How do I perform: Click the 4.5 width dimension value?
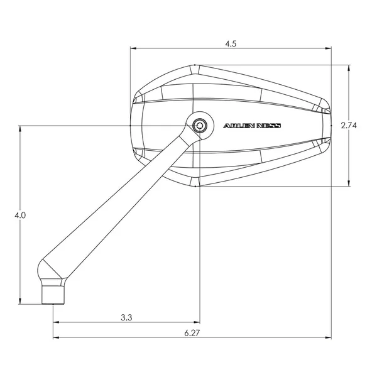coord(231,44)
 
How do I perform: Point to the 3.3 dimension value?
coord(126,317)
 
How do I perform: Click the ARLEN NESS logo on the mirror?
coord(253,126)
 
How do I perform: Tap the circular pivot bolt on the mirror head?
coord(200,125)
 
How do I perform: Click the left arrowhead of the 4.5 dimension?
coord(133,48)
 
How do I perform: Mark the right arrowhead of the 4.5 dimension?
coord(331,48)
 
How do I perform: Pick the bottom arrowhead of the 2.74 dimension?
coord(349,184)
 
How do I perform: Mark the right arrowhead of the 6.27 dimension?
coord(331,337)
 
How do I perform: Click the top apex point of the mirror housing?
coord(195,65)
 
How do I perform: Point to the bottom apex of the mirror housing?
coord(195,186)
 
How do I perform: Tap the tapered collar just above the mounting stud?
coord(52,271)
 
